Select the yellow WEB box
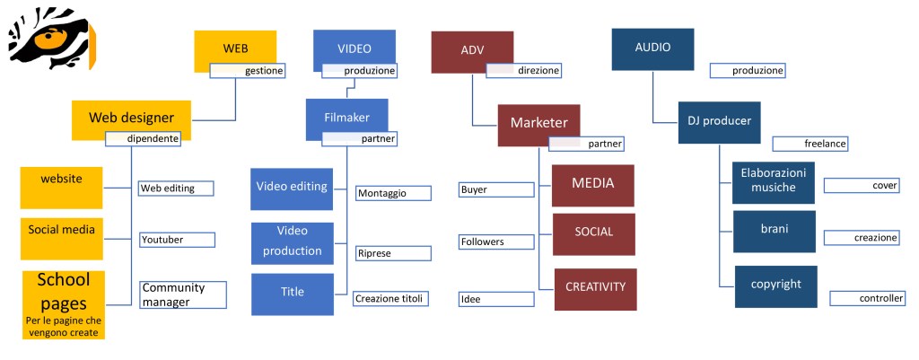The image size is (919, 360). click(x=235, y=48)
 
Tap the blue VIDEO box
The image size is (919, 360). click(x=354, y=47)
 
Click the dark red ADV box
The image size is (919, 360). click(x=472, y=48)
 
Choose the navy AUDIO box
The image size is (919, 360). click(x=652, y=47)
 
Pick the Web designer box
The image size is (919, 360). click(x=131, y=117)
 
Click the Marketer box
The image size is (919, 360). click(x=538, y=122)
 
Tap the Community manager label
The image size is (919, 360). click(x=182, y=294)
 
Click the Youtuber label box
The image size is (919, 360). click(x=177, y=240)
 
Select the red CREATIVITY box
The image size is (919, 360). click(x=595, y=288)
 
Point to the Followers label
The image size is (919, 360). click(x=495, y=241)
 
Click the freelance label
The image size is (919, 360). click(x=810, y=144)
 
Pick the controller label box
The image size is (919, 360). click(x=867, y=298)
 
